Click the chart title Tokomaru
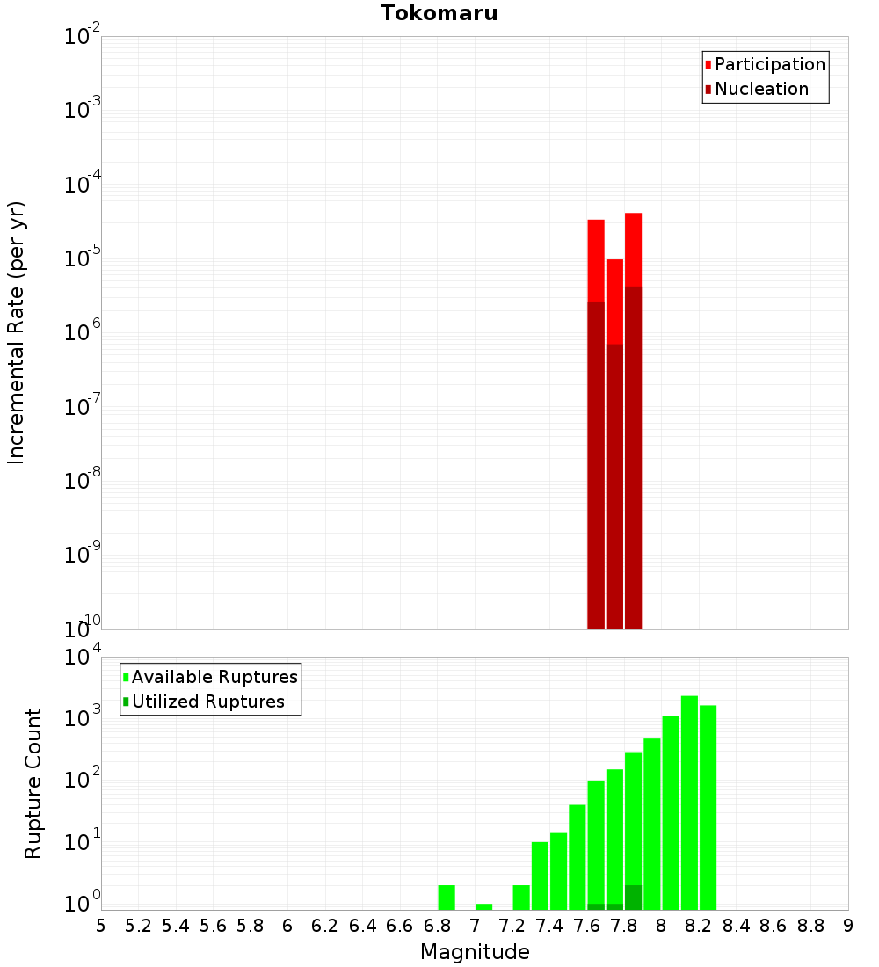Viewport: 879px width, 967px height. tap(439, 13)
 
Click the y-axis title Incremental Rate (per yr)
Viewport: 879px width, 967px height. tap(17, 333)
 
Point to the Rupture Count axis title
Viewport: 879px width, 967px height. tap(33, 783)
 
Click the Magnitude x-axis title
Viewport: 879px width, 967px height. tap(475, 951)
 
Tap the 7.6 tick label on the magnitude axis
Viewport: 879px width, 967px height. tap(587, 926)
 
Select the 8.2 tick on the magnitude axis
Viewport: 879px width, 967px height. tap(699, 926)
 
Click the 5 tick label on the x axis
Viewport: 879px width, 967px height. tap(101, 926)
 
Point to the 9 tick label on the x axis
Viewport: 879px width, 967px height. tap(848, 926)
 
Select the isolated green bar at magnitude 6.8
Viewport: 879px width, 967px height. tap(447, 898)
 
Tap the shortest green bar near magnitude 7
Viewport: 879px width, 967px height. tap(483, 906)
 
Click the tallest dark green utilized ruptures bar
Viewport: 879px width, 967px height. tap(633, 898)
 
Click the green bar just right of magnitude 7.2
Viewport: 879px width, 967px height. tap(521, 898)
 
